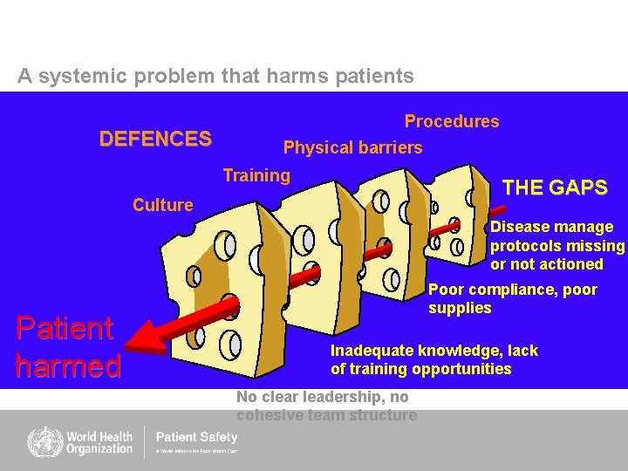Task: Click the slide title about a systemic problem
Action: [x=215, y=76]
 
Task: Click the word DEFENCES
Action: [x=155, y=139]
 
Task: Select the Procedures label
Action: [x=451, y=121]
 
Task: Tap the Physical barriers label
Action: [x=352, y=147]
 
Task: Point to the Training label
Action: [x=256, y=175]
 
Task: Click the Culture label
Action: [x=162, y=205]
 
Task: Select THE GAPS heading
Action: [x=555, y=188]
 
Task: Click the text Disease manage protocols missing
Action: [x=556, y=245]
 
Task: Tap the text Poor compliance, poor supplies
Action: [x=512, y=298]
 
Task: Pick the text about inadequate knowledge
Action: [x=433, y=359]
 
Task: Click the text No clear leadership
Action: [x=326, y=406]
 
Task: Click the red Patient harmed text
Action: [x=67, y=345]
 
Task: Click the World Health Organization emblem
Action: [x=41, y=441]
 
